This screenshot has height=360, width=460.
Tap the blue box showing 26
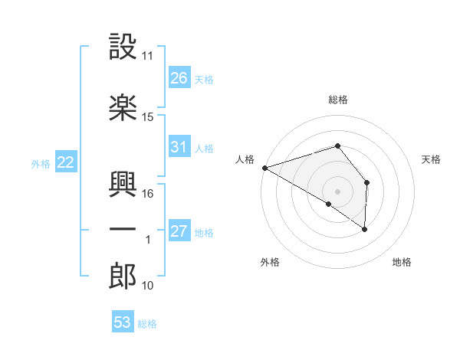[x=179, y=78]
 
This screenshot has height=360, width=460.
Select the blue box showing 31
[x=179, y=147]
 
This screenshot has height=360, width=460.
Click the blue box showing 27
[x=179, y=231]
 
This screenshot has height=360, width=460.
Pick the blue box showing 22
[x=65, y=162]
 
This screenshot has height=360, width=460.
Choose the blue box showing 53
[x=123, y=322]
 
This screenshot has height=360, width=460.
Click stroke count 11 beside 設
[x=148, y=56]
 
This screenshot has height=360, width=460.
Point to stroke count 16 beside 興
[x=148, y=194]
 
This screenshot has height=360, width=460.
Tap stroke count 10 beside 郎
[x=148, y=286]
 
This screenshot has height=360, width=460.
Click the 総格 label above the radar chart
[x=338, y=100]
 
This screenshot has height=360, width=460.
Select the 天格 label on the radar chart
[x=432, y=159]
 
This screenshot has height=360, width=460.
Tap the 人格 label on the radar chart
[x=245, y=159]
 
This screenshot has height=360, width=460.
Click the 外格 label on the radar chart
[x=270, y=263]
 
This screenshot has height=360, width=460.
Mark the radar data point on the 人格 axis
[x=264, y=168]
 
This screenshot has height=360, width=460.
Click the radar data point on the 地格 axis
[x=364, y=228]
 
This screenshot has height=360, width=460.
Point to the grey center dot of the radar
[x=337, y=190]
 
